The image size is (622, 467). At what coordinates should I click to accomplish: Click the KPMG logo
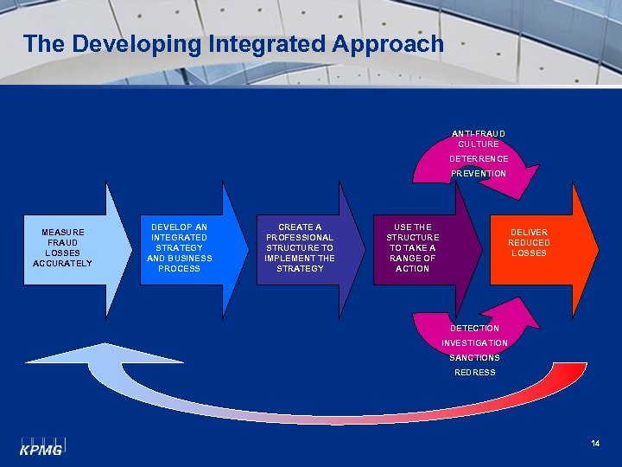coord(41,446)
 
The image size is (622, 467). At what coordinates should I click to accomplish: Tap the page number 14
coord(595,445)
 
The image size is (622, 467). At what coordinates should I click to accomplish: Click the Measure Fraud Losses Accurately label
coord(63,247)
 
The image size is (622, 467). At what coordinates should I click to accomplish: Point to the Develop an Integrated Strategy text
coord(180,247)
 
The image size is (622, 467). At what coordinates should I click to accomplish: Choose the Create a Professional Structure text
coord(300,247)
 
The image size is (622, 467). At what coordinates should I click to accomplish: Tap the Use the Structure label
coord(412,247)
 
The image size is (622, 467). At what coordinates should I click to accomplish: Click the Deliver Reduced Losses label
coord(529,242)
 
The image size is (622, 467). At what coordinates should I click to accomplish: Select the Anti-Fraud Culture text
coord(479,138)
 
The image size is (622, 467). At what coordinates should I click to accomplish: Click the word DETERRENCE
coord(479,159)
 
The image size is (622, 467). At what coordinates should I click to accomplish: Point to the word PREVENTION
coord(479,174)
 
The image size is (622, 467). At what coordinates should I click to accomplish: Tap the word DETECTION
coord(474,329)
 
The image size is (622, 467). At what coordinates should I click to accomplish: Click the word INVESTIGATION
coord(474,343)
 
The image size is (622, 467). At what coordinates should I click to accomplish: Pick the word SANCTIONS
coord(474,358)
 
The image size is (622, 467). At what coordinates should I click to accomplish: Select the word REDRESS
coord(475,373)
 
